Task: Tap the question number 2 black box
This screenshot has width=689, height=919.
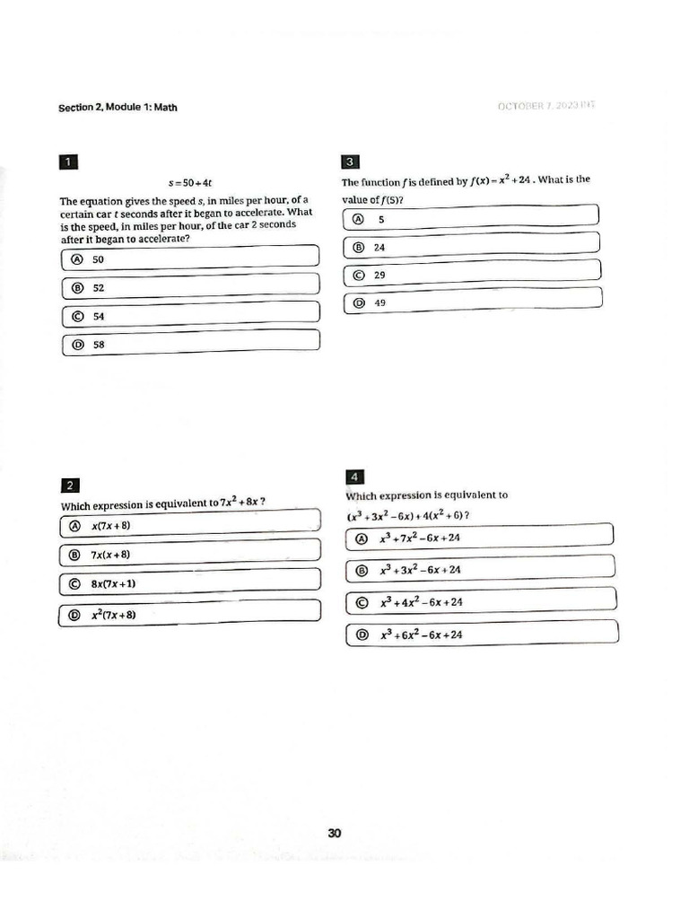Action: (69, 486)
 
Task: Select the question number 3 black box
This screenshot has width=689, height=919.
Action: (351, 162)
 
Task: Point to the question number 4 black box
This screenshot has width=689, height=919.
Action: (354, 477)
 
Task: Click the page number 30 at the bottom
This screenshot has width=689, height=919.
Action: (335, 833)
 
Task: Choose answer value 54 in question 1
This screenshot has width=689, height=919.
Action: (99, 317)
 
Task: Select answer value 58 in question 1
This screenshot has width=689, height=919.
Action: (99, 344)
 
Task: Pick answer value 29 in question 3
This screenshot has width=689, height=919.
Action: (379, 276)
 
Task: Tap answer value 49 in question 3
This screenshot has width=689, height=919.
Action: (379, 303)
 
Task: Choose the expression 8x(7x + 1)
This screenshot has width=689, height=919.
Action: (113, 584)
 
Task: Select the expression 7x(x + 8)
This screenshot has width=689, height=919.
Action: (111, 555)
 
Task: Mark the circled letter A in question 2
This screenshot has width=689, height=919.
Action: (74, 526)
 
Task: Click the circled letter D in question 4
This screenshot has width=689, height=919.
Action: (362, 635)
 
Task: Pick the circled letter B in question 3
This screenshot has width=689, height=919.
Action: (359, 247)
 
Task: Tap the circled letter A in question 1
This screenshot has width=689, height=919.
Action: (75, 259)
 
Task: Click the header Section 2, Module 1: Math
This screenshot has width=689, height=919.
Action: (118, 108)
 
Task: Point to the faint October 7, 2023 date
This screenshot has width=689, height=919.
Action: (545, 107)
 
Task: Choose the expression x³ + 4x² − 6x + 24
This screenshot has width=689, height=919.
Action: (421, 602)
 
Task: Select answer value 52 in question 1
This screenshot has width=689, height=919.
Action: (99, 288)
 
